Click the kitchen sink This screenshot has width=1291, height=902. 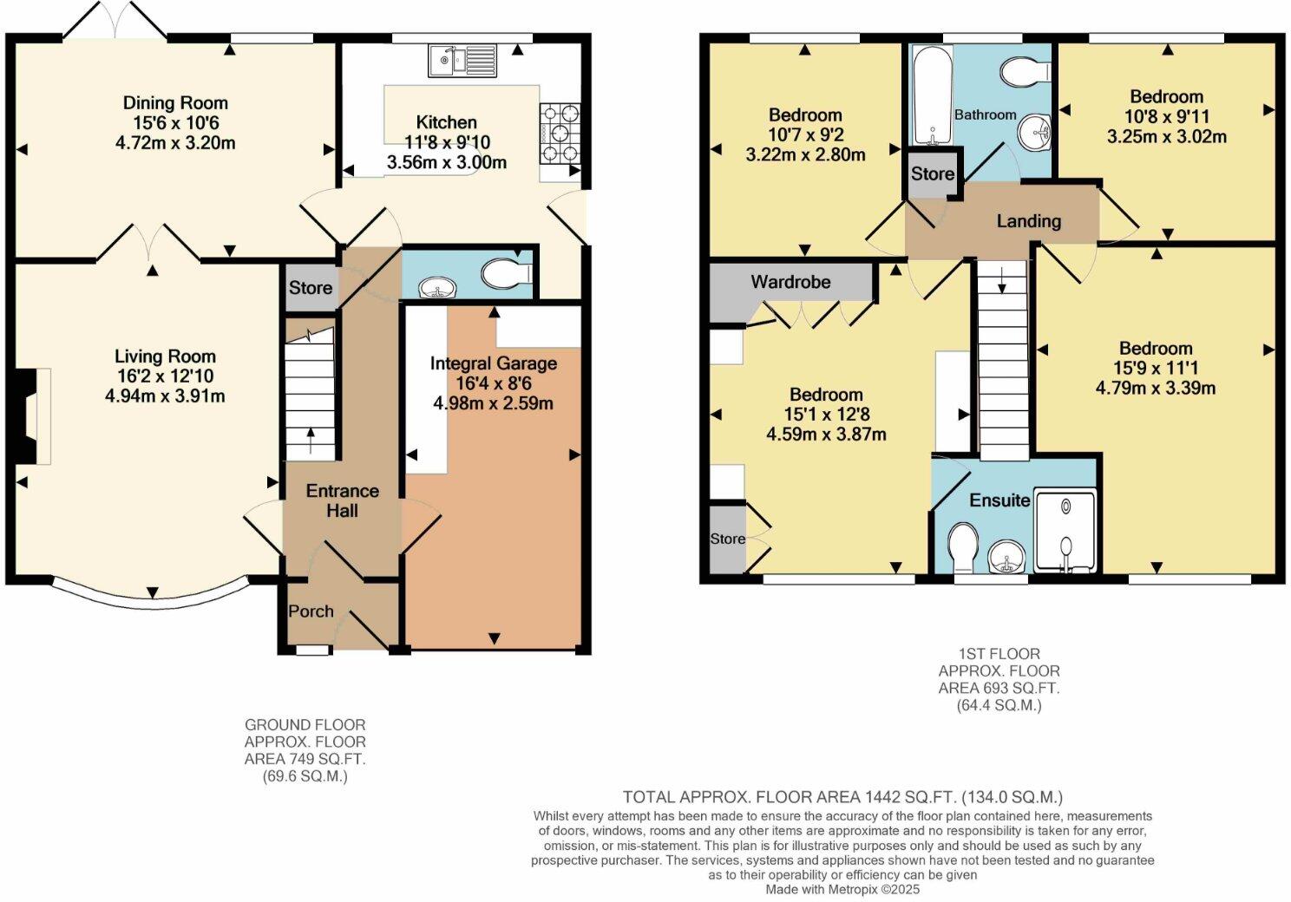click(461, 60)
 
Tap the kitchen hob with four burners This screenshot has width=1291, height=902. click(560, 133)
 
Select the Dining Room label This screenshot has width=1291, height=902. click(175, 103)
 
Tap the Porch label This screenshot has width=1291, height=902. click(311, 611)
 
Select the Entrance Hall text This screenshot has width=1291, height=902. click(342, 500)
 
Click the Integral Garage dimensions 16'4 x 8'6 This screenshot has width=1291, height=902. click(493, 382)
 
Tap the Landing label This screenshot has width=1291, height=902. click(1028, 221)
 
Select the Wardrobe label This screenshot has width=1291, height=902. click(790, 282)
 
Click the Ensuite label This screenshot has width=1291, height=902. click(999, 500)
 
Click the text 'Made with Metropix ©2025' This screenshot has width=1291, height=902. click(842, 889)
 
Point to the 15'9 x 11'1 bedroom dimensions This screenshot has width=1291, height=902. click(1155, 368)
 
